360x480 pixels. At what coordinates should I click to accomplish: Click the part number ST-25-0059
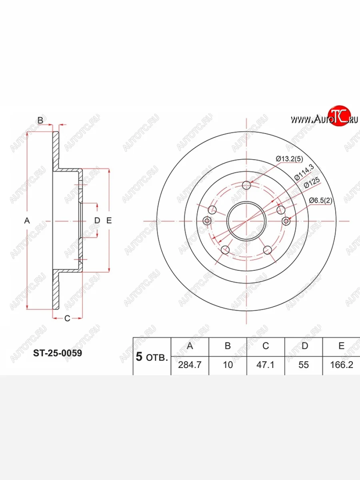click(x=57, y=353)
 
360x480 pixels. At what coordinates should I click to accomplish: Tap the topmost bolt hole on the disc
click(x=247, y=185)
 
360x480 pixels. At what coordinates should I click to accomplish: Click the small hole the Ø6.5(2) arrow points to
click(x=286, y=221)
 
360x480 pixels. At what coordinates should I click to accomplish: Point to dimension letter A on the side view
click(x=27, y=220)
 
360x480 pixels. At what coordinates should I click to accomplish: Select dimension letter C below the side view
click(x=67, y=318)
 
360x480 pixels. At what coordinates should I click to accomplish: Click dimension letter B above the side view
click(x=40, y=120)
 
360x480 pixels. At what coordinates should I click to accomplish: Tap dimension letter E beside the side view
click(x=109, y=220)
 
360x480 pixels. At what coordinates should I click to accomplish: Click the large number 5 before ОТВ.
click(x=139, y=357)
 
